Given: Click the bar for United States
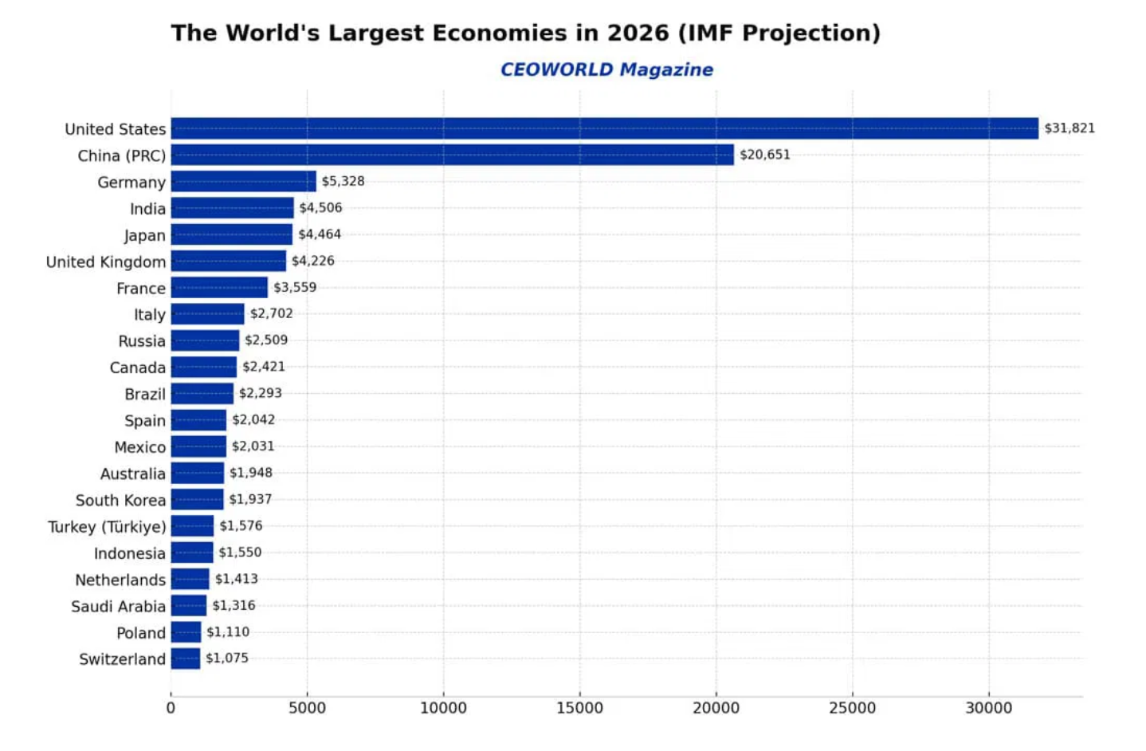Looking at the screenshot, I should click(x=604, y=128).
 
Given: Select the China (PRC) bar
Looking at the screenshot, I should click(x=452, y=155).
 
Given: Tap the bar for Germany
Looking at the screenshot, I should click(x=243, y=181).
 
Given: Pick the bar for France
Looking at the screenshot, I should click(x=219, y=287).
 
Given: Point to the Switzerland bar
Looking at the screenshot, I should click(x=185, y=659).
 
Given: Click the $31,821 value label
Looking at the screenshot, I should click(x=1069, y=128).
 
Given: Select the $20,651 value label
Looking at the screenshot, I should click(x=764, y=155).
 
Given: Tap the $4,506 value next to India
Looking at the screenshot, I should click(x=320, y=208).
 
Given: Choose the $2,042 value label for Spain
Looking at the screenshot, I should click(x=253, y=419).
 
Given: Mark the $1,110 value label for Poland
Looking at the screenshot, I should click(x=228, y=631).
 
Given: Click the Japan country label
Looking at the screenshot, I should click(x=144, y=235).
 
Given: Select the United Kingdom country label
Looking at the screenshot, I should click(x=106, y=261).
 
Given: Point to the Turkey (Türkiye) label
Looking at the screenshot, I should click(x=107, y=527).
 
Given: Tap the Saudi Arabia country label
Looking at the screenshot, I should click(x=118, y=606).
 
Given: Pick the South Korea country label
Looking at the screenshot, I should click(x=120, y=500).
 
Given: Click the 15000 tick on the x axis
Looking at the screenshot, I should click(x=579, y=708).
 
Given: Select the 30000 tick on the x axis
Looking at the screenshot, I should click(x=988, y=708).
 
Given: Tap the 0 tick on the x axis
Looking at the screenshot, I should click(x=171, y=708).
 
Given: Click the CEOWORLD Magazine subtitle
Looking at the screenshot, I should click(x=606, y=69).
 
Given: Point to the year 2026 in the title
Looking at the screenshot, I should click(x=638, y=33).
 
